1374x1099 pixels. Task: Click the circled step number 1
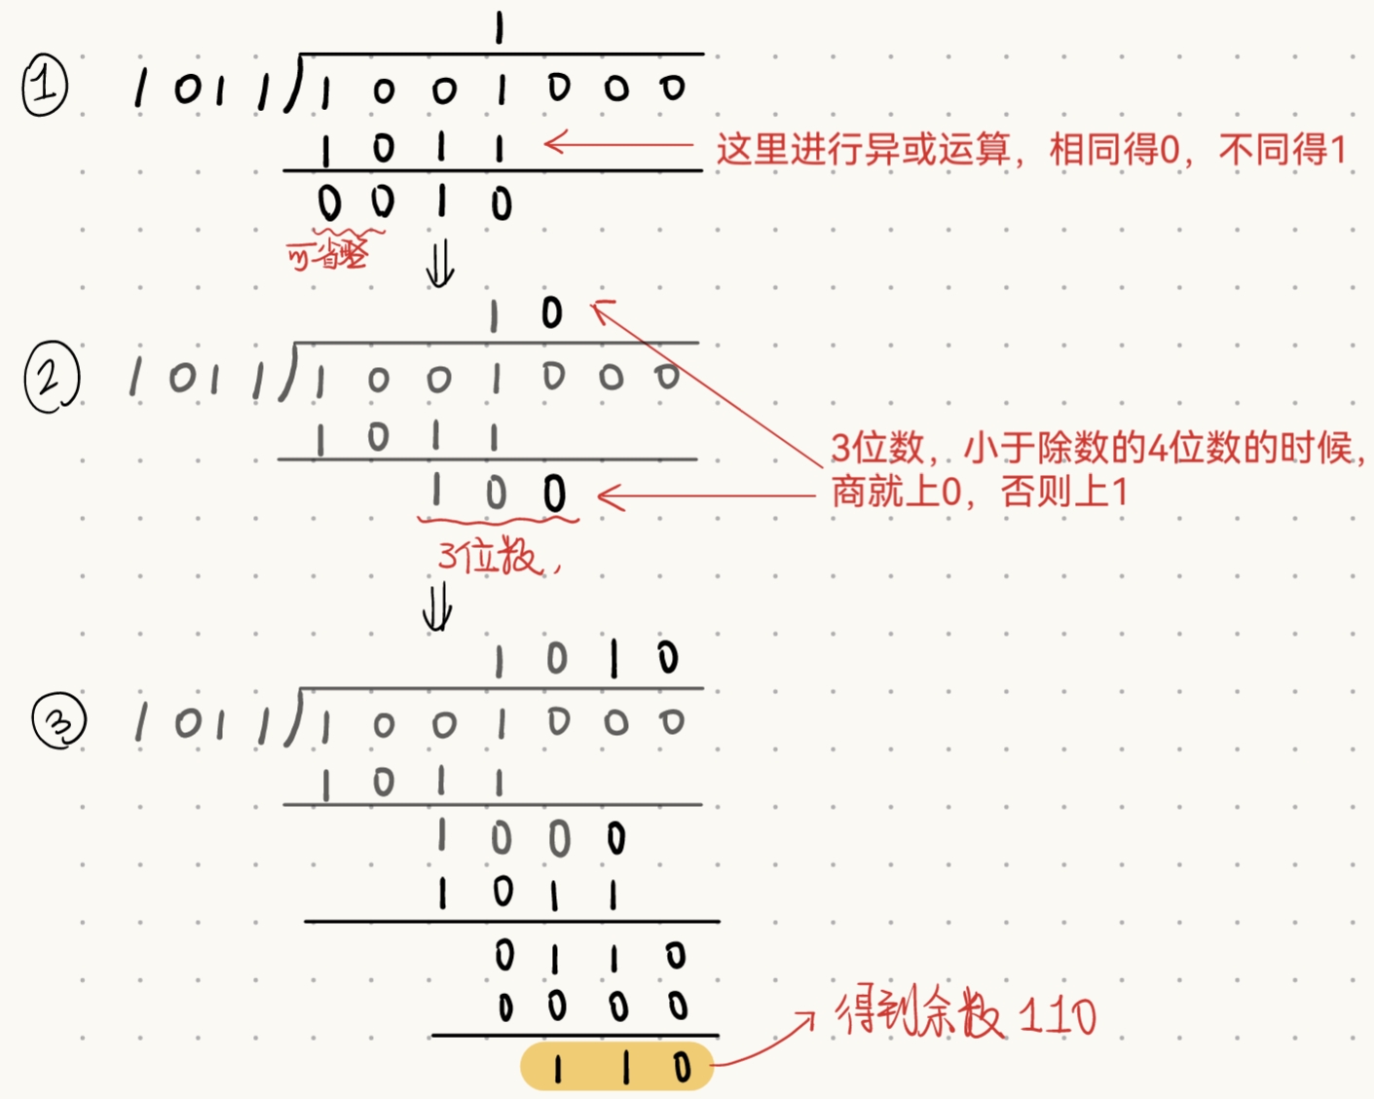click(45, 87)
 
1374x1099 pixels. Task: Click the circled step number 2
click(51, 377)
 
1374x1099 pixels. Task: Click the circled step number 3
click(59, 721)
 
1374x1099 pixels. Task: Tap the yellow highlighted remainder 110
click(617, 1067)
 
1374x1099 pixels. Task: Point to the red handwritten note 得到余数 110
click(965, 1015)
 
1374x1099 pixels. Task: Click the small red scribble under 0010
click(329, 253)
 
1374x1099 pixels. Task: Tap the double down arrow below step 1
click(440, 263)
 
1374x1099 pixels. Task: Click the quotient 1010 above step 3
click(584, 659)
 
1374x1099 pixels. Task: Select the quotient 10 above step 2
click(524, 313)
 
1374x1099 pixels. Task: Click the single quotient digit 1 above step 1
click(499, 29)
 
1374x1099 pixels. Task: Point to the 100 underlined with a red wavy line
click(497, 493)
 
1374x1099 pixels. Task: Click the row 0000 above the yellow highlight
click(590, 1007)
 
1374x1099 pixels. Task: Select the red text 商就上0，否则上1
click(978, 492)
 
